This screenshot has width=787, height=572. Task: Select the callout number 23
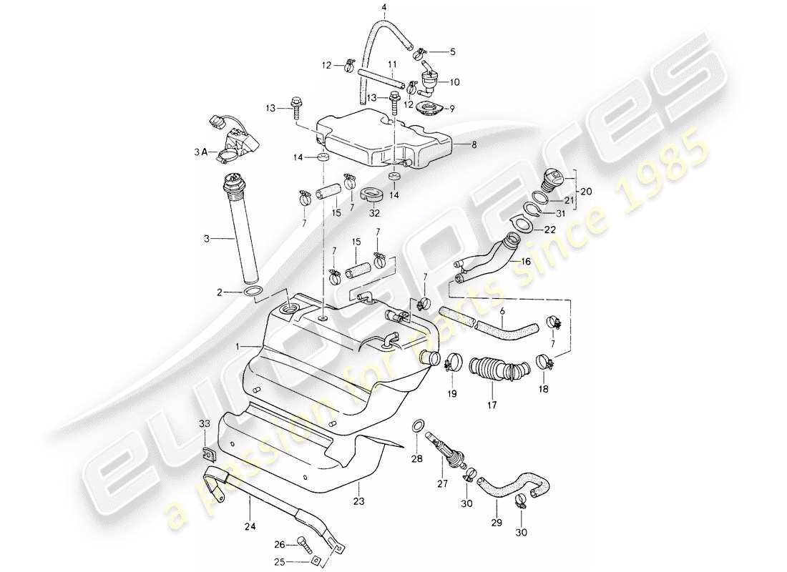click(358, 501)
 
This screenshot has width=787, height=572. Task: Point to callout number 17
click(492, 404)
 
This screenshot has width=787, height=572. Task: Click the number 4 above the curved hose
click(383, 8)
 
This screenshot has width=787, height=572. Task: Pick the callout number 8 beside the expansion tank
click(473, 144)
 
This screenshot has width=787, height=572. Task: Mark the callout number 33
click(204, 423)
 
